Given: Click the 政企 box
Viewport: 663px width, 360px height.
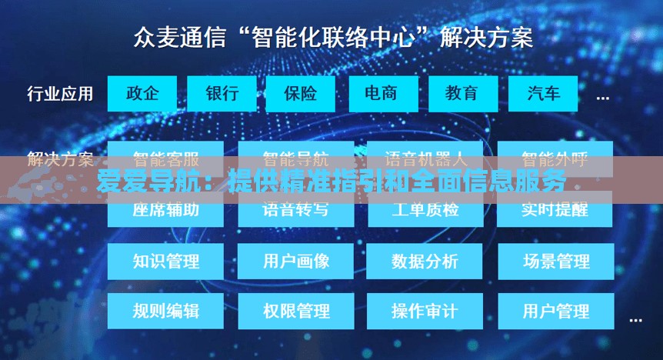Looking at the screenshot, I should coord(142,94).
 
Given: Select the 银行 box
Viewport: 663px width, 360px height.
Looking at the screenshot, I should coord(222,94).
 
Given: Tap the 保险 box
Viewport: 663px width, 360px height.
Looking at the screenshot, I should coord(301,94).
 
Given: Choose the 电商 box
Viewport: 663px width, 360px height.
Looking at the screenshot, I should coord(381,94).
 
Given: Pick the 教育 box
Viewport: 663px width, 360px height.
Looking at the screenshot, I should coord(461,94).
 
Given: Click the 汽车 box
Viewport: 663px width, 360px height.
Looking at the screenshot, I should coord(544,94).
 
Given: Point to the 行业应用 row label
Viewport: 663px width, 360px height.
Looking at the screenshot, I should coord(60,94).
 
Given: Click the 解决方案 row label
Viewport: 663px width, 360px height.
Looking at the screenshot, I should coord(60,160).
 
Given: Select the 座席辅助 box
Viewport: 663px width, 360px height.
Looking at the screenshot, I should coord(165,209).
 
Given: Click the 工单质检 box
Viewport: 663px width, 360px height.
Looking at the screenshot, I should coord(425,209).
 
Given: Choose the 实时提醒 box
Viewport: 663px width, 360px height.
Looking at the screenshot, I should coord(555,209).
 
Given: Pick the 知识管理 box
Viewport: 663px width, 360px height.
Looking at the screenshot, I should coord(165,262).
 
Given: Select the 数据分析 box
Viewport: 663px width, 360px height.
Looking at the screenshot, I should coord(425,262).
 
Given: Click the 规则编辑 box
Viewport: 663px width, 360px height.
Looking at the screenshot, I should coord(165,312).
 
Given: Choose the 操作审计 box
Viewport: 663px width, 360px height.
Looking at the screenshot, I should coord(425,312).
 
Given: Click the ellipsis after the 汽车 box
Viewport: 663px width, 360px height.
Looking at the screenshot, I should coord(603,98).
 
